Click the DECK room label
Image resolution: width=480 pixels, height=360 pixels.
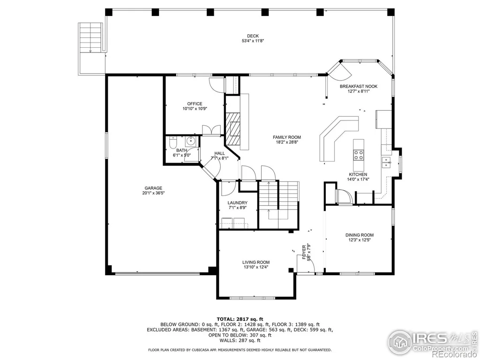click(x=253, y=36)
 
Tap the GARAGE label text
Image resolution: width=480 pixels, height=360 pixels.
click(x=153, y=188)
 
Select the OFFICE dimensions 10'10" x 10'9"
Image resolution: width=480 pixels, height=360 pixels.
click(x=195, y=108)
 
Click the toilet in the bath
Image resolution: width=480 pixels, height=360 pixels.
click(x=173, y=142)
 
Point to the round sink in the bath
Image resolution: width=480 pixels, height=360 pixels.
click(x=191, y=142)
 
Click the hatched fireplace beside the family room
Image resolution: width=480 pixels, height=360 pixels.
click(x=233, y=128)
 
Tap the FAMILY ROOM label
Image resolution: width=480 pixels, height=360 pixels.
click(x=287, y=137)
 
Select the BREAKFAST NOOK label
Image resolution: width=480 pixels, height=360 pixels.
click(x=359, y=86)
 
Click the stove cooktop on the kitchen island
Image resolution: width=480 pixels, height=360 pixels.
click(x=359, y=155)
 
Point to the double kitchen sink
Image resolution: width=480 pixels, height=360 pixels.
click(x=386, y=163)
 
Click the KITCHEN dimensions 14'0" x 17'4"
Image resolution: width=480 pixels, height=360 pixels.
click(x=358, y=180)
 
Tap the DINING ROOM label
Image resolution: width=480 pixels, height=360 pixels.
click(x=360, y=235)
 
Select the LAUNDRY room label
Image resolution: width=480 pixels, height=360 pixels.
click(x=238, y=202)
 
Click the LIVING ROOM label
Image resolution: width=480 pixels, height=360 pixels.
click(x=256, y=262)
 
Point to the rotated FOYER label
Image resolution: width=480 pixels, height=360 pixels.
click(x=304, y=252)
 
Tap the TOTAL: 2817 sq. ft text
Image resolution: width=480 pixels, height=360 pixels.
click(x=240, y=319)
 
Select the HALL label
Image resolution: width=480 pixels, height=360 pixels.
click(x=219, y=153)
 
